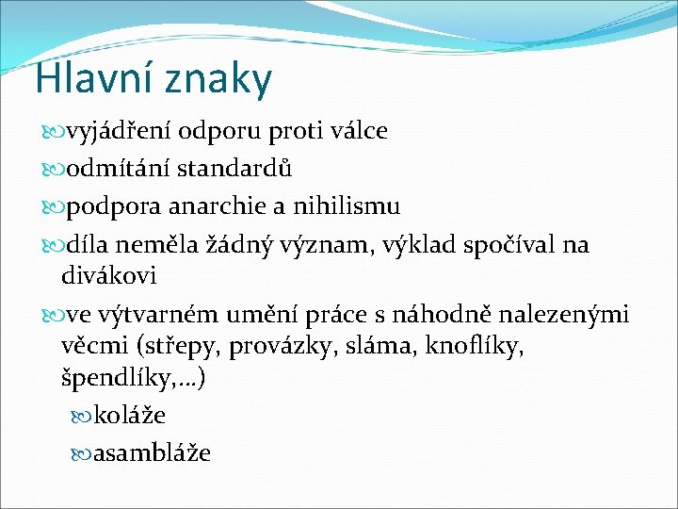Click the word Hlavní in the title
pos(92,79)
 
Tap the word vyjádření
pos(114,131)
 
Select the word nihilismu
pos(347,206)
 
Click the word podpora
pos(105,206)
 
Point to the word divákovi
pos(108,276)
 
